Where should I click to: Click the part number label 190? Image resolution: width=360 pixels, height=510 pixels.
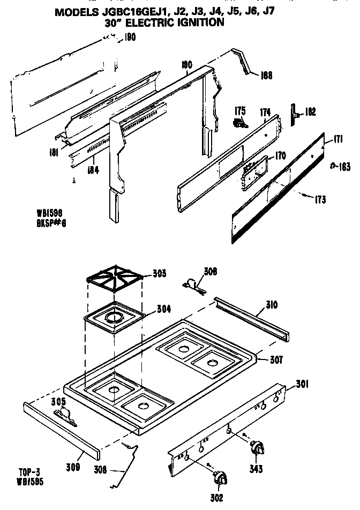(130, 38)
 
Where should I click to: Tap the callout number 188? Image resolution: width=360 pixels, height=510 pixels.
(266, 76)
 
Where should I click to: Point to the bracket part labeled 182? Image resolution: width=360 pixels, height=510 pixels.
(295, 113)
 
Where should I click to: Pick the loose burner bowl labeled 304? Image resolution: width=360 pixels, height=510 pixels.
(114, 320)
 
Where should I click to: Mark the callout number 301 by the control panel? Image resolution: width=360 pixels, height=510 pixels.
(303, 384)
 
